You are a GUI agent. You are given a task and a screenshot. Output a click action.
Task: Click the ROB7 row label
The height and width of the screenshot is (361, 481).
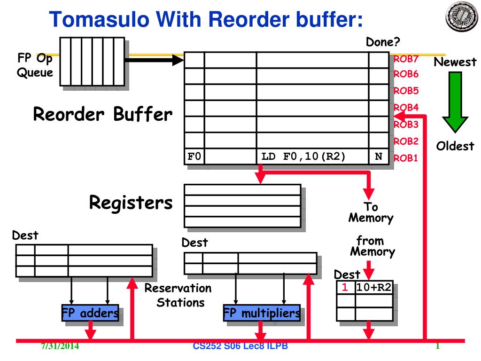pos(406,59)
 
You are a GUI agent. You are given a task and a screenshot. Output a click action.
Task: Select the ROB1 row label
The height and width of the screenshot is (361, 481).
pos(405,158)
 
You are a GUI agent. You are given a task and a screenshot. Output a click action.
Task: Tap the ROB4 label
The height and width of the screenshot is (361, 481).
pos(406,108)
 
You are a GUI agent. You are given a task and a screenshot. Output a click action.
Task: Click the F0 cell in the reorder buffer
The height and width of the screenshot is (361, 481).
pos(194,156)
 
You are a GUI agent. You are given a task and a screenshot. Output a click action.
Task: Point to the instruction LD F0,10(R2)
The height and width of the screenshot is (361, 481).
pos(303,156)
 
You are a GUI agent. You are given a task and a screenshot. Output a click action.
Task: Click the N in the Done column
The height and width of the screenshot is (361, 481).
pos(379,157)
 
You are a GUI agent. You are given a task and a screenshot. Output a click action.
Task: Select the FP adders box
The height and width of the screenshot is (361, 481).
pos(90,313)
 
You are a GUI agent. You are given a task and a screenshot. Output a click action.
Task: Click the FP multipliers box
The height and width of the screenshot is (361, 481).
pos(262,313)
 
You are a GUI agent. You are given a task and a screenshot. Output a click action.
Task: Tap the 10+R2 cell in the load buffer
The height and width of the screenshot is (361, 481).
pos(374,287)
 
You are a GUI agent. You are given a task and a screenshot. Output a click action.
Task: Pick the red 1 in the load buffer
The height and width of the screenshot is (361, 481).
pos(345,287)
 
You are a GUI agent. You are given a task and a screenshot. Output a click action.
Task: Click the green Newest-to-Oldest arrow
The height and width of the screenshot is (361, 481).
pos(455,102)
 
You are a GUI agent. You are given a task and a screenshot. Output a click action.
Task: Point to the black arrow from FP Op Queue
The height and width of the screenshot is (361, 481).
pos(154,60)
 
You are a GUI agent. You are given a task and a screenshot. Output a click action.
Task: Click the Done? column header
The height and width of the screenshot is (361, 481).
pos(383,42)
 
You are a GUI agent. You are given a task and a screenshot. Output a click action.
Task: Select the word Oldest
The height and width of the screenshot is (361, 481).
pos(455,146)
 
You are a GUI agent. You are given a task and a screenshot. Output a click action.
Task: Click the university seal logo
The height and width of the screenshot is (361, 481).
pos(462,16)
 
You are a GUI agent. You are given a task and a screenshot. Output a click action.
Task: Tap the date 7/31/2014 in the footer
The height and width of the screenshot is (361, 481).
pos(60,346)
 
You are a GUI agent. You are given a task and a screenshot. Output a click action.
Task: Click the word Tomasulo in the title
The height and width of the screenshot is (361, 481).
pos(99,19)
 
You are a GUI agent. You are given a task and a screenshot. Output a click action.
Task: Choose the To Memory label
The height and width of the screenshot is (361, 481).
pos(371,212)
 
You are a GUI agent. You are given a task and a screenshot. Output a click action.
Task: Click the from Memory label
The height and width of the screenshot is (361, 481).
pos(372,246)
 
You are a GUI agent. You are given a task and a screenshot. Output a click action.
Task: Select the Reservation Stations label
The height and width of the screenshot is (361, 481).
pos(178,295)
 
